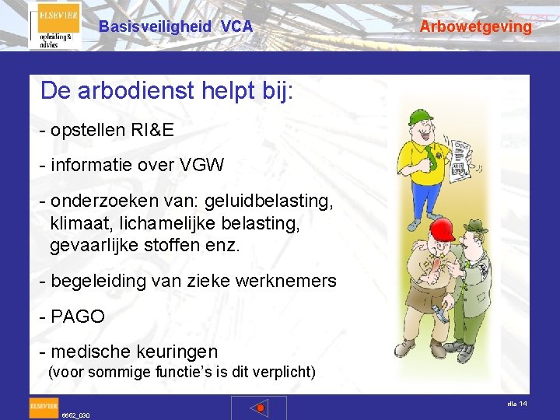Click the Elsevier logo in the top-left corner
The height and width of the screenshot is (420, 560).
pos(54,26)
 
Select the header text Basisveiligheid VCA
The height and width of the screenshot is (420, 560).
pos(176,26)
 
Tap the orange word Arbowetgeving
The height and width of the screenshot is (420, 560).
pos(476,26)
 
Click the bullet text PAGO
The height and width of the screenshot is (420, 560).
pos(77,317)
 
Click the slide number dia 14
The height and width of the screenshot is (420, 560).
pos(516,404)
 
